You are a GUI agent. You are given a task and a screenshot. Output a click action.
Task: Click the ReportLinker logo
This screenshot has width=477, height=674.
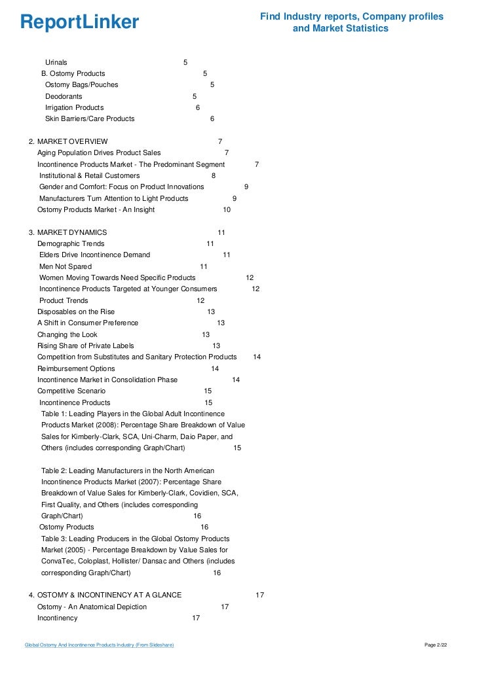click(79, 23)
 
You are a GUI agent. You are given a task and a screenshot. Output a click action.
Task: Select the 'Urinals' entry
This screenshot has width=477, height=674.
click(56, 62)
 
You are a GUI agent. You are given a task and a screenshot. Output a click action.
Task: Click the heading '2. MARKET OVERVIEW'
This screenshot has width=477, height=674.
click(72, 141)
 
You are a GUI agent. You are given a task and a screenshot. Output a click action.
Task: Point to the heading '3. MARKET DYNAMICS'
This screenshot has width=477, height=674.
click(72, 232)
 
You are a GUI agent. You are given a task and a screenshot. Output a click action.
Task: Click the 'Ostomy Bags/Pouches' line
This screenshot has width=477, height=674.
click(81, 85)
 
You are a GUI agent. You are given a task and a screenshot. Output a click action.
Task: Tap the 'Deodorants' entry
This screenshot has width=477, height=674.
click(64, 96)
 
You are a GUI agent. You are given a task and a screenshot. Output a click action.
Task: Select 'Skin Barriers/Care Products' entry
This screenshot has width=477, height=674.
click(89, 119)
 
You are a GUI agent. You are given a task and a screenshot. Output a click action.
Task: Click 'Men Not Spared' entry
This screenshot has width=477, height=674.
click(66, 266)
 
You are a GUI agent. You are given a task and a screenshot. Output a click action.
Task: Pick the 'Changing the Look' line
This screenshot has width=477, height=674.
click(67, 334)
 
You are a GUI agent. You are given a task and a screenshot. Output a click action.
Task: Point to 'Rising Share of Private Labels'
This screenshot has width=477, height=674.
click(85, 346)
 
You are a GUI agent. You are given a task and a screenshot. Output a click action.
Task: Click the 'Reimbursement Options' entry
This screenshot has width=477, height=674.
click(71, 368)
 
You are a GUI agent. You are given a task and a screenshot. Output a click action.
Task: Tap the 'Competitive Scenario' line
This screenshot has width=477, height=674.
click(71, 391)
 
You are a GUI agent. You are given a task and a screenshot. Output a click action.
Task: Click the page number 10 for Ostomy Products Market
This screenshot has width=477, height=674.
click(227, 209)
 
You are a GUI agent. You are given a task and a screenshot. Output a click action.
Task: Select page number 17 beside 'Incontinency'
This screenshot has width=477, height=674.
click(196, 618)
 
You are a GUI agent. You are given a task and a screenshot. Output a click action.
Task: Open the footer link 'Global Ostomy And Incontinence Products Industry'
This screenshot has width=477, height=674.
click(99, 645)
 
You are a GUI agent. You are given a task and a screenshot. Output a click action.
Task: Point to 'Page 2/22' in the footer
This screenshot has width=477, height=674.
click(436, 645)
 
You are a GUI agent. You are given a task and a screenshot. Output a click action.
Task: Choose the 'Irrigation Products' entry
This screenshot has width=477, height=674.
click(74, 107)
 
